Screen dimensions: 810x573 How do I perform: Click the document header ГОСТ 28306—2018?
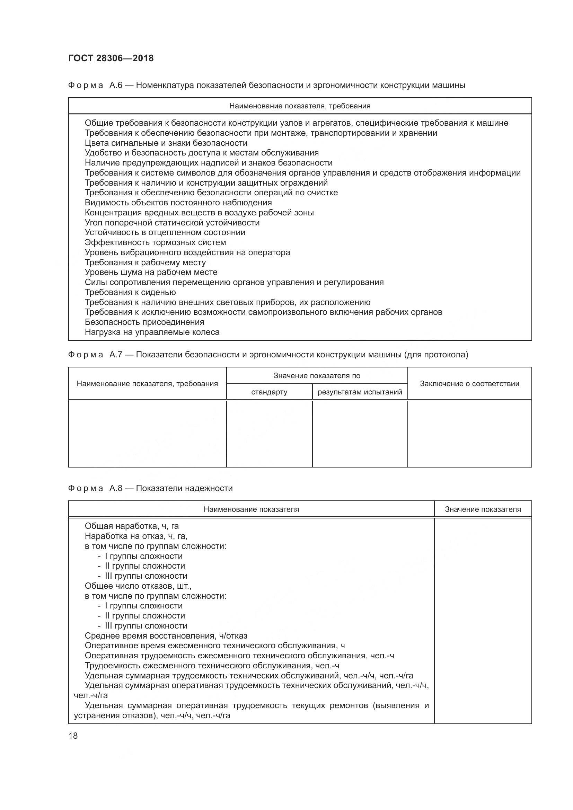[x=111, y=58]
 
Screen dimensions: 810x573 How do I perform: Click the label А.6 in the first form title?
[x=116, y=85]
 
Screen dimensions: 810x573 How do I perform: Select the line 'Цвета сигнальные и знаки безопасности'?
[x=166, y=143]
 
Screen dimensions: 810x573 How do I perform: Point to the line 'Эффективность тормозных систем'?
[x=155, y=242]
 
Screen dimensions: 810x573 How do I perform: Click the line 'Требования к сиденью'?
[x=130, y=292]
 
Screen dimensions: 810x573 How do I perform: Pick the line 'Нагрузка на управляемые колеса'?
[x=152, y=332]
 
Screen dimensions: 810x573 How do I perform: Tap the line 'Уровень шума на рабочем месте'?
[x=151, y=272]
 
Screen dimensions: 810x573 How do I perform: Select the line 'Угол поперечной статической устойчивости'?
[x=172, y=223]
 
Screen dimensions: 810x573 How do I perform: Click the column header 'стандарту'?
[x=269, y=392]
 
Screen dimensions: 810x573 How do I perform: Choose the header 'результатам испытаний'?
[x=360, y=392]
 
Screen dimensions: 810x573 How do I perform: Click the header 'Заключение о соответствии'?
[x=469, y=383]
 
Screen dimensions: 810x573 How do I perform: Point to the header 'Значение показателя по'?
[x=317, y=376]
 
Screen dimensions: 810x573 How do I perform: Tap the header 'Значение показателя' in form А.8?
[x=483, y=509]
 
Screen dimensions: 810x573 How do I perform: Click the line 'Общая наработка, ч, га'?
[x=132, y=526]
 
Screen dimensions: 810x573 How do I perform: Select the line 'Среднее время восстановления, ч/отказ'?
[x=166, y=636]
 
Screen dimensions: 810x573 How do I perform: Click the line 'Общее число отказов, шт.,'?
[x=138, y=586]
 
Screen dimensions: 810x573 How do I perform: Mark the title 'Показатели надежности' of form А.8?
[x=184, y=488]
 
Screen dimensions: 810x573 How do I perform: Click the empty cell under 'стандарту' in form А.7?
[x=269, y=434]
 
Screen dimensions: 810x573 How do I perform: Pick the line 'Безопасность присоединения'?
[x=144, y=322]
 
